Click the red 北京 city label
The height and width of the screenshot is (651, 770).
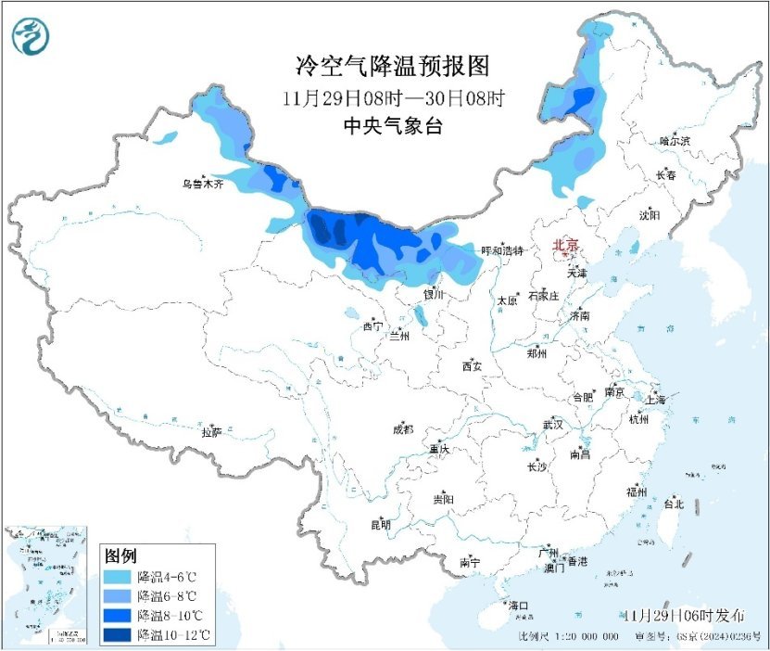(565, 245)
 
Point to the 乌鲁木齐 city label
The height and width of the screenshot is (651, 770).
(203, 185)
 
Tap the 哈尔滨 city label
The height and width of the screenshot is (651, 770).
(675, 141)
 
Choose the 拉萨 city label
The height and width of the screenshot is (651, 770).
(211, 431)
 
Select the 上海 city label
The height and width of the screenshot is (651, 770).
(656, 400)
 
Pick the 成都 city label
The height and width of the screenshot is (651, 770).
(403, 428)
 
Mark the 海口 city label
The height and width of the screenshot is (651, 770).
(520, 606)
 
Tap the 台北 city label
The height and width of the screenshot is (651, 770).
(673, 504)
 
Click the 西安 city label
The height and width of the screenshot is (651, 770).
(472, 366)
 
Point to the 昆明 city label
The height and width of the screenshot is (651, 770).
(381, 525)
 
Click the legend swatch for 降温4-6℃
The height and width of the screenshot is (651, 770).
(118, 577)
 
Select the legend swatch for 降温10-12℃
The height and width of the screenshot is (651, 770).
(118, 635)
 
